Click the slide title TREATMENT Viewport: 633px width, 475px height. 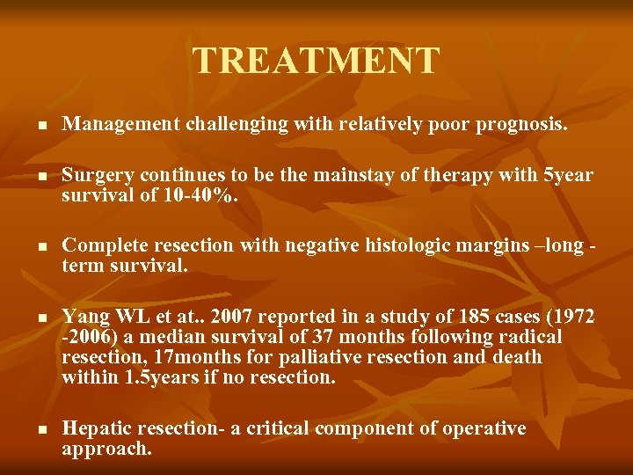coord(316,61)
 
